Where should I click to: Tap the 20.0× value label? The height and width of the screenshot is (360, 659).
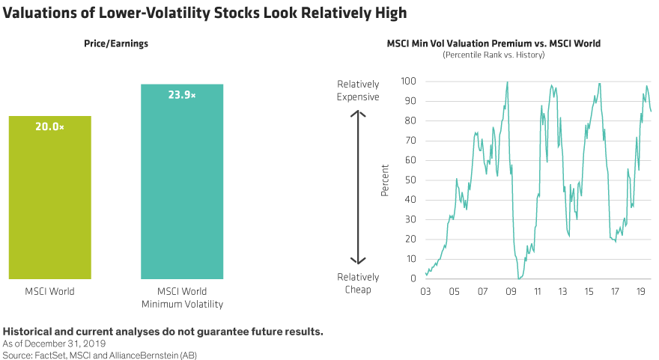coord(50,127)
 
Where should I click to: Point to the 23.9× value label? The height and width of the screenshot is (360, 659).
coord(182,95)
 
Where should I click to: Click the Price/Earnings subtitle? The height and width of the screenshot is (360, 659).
coord(116,43)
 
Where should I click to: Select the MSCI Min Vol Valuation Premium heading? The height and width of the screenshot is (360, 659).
coord(494,43)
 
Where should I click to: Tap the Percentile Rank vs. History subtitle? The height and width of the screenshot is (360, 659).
coord(494,55)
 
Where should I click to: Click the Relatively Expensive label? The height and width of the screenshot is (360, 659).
coord(358,91)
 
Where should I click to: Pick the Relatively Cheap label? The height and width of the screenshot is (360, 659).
coord(358,284)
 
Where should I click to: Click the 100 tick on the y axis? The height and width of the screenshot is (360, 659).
coord(408,81)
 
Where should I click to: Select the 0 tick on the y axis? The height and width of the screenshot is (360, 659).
coord(413,278)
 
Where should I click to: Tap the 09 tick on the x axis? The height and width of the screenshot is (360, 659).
coord(511,293)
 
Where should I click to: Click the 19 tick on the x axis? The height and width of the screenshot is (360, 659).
coord(641,293)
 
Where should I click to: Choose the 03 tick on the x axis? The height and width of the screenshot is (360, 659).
coord(426,293)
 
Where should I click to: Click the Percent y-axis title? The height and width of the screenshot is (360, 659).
coord(385,180)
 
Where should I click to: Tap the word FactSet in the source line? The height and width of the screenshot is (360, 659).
coord(49,354)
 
